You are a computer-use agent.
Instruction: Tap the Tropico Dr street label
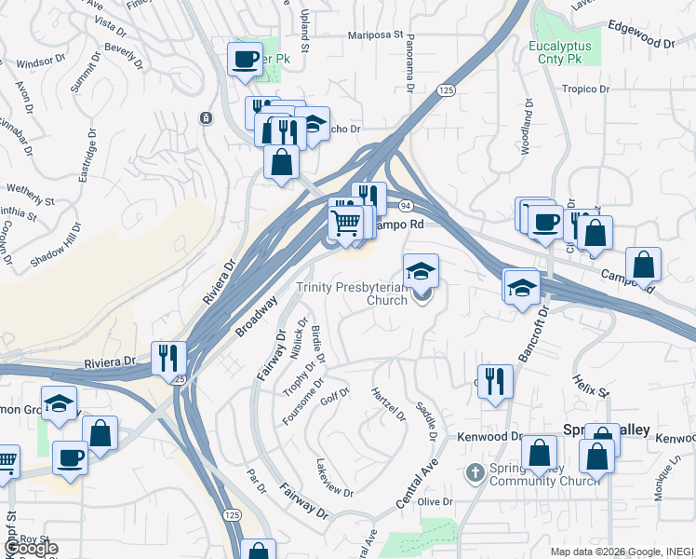[x=584, y=90]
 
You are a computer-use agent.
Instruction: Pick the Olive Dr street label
[x=435, y=502]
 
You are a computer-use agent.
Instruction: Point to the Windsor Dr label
[x=38, y=63]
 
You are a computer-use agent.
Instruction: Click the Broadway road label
[x=256, y=318]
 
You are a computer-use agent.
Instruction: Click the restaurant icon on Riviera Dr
[x=168, y=357]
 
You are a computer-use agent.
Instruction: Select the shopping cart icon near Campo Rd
[x=345, y=222]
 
